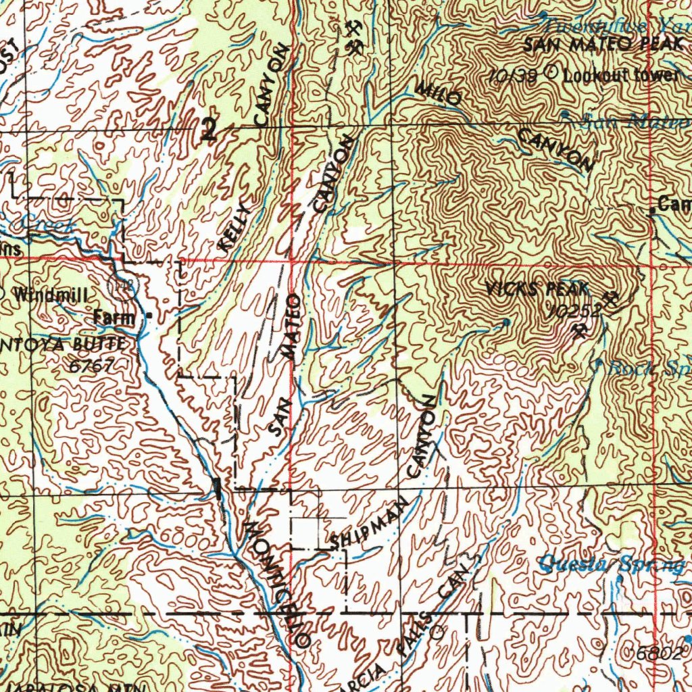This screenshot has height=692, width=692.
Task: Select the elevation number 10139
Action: tap(515, 76)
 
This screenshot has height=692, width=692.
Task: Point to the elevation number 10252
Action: tap(574, 311)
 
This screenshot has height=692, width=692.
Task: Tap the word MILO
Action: tap(437, 94)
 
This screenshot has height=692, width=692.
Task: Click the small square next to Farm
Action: tap(149, 316)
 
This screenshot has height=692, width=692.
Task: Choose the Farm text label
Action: tap(114, 316)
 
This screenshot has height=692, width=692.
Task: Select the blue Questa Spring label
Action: tap(612, 563)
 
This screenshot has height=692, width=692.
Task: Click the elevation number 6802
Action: tap(658, 653)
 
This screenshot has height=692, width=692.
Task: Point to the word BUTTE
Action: tap(100, 345)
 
